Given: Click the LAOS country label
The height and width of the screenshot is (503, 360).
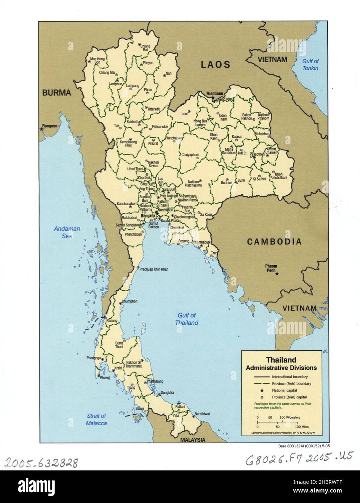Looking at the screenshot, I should pyautogui.click(x=216, y=65).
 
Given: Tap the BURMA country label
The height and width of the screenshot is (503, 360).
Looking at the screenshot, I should pyautogui.click(x=56, y=93).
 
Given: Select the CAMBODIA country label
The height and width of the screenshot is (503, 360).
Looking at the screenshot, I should pyautogui.click(x=274, y=242).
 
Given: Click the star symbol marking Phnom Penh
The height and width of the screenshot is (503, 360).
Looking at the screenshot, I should pyautogui.click(x=277, y=274).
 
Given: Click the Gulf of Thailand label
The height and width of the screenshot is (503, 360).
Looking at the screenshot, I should pyautogui.click(x=187, y=319).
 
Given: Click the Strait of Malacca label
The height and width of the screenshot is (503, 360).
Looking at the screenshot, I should pyautogui.click(x=96, y=419).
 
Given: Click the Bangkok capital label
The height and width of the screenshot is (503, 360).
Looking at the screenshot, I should pyautogui.click(x=148, y=216).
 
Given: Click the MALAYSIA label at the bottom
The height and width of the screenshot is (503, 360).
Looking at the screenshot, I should pyautogui.click(x=193, y=440).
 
